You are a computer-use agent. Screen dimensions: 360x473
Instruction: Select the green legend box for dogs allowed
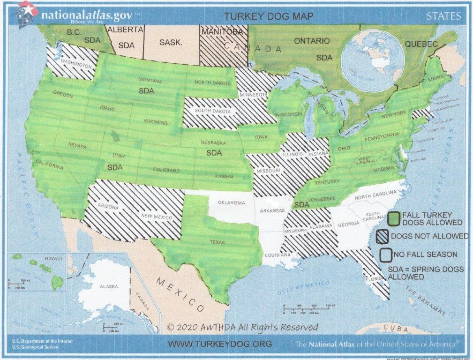coord(394,218)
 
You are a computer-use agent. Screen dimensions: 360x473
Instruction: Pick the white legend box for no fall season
coord(385,255)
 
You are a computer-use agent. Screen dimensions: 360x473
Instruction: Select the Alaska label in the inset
coord(108,286)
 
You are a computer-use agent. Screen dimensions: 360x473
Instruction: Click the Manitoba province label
coord(222,32)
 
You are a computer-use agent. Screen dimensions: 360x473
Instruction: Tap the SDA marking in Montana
coord(146,91)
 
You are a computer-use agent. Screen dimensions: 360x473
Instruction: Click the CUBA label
coord(396,328)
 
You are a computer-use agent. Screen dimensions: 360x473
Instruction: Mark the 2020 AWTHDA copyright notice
coord(242,327)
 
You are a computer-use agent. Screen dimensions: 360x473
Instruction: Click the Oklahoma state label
coord(231,203)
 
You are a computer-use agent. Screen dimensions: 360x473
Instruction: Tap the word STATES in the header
coord(443,16)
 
